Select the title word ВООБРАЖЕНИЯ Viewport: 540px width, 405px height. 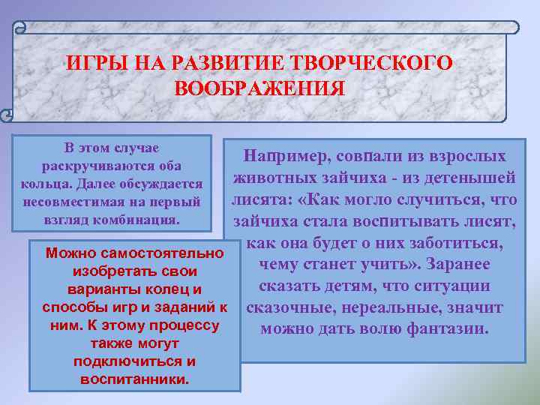point(259,88)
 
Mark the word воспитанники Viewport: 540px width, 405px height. point(134,379)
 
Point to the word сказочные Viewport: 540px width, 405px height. point(290,307)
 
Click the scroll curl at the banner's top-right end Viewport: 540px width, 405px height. point(512,28)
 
